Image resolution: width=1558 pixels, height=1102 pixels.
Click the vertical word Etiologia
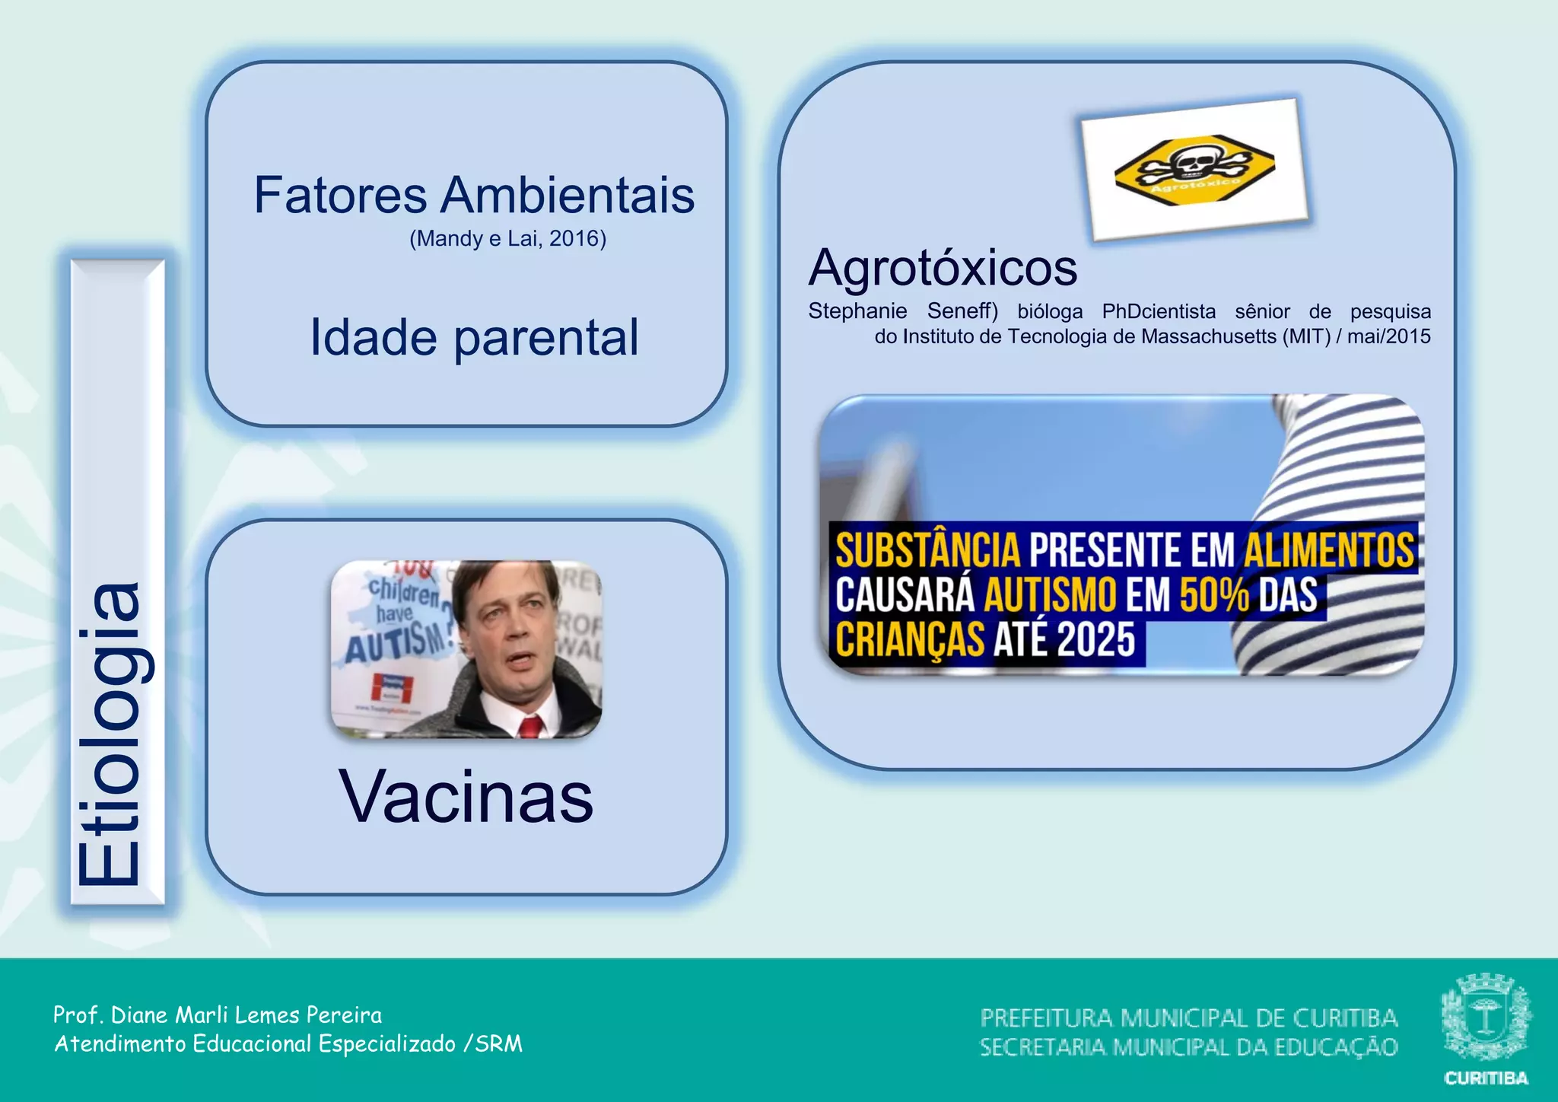pos(110,734)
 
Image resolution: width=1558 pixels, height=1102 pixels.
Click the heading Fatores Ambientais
pos(473,195)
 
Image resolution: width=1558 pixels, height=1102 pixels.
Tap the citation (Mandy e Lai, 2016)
pos(507,239)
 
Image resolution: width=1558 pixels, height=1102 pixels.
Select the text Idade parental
pos(473,337)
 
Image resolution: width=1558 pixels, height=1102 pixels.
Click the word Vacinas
pos(466,797)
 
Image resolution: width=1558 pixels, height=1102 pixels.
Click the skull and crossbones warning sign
pos(1194,167)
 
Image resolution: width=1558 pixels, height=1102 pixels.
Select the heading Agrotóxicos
pos(943,268)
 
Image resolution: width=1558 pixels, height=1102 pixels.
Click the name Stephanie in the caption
pos(857,311)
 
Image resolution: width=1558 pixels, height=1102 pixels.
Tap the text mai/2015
pos(1388,336)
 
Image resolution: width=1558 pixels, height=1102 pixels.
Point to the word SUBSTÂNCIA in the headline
pos(927,551)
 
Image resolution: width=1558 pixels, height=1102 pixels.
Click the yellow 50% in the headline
pos(1214,595)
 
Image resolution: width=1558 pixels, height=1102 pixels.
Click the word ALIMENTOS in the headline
pos(1329,551)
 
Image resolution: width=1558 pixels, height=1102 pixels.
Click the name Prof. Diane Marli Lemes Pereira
pos(218,1015)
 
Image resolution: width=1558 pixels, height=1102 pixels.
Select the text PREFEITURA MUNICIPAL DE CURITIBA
pos(1188,1018)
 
